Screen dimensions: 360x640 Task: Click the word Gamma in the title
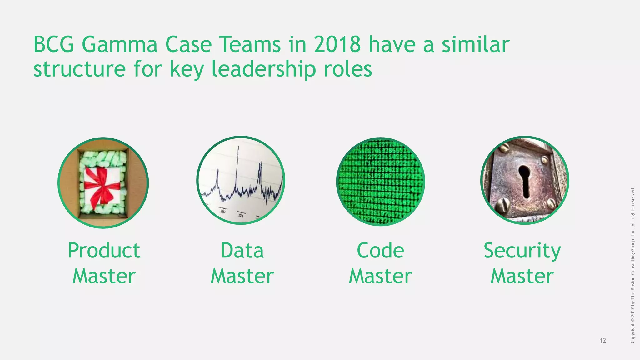click(120, 45)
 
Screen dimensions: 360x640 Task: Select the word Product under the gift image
click(104, 251)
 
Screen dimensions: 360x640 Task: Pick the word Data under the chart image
click(242, 251)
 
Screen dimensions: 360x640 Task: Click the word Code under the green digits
click(380, 251)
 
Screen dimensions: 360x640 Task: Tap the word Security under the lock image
click(522, 251)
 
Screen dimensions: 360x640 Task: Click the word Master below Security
click(522, 276)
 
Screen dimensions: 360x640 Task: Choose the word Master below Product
click(104, 276)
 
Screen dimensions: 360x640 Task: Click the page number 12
click(603, 341)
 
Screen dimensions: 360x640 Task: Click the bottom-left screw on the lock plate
click(502, 205)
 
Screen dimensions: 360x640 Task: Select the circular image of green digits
click(380, 182)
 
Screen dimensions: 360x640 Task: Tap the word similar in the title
click(475, 45)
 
